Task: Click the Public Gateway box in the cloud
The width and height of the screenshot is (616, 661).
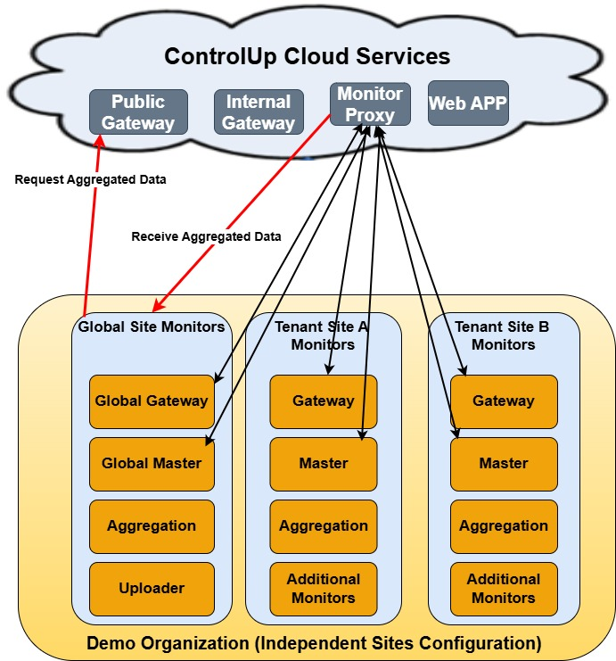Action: point(138,112)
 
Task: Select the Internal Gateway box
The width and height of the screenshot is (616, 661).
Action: point(258,112)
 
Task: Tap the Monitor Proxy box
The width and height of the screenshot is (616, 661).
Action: point(370,103)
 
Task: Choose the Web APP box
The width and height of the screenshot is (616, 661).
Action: point(468,103)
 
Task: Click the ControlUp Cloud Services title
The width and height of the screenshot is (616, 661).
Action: point(307,56)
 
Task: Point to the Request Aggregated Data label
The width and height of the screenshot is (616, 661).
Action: point(90,179)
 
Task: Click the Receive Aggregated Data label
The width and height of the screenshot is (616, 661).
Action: point(206,236)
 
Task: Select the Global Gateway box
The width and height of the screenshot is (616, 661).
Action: point(152,401)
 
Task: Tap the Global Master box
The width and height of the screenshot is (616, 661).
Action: point(152,464)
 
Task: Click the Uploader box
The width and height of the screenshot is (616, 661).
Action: point(152,589)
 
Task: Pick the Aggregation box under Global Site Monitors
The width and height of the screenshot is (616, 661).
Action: point(152,526)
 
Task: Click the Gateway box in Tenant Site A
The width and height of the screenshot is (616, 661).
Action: point(323,401)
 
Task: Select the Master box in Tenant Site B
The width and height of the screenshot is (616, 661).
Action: point(504,464)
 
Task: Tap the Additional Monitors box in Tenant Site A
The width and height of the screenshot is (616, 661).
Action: point(323,589)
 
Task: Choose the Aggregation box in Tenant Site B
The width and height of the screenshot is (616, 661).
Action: point(504,526)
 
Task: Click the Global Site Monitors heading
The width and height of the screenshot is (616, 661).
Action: point(152,327)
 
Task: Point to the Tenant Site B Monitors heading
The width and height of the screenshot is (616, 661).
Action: point(504,335)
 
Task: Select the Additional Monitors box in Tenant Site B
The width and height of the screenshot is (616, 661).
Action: point(504,589)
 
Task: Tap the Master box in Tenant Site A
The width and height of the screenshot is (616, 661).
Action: point(323,464)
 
